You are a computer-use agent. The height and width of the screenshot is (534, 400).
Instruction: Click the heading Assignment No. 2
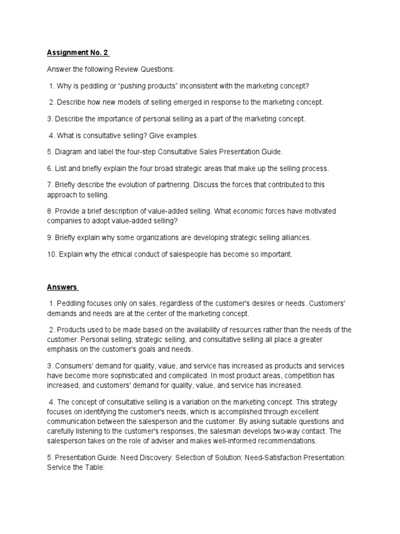78,53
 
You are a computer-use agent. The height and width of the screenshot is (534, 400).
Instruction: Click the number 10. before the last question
52,254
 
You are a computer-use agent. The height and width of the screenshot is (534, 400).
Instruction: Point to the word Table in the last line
94,467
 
